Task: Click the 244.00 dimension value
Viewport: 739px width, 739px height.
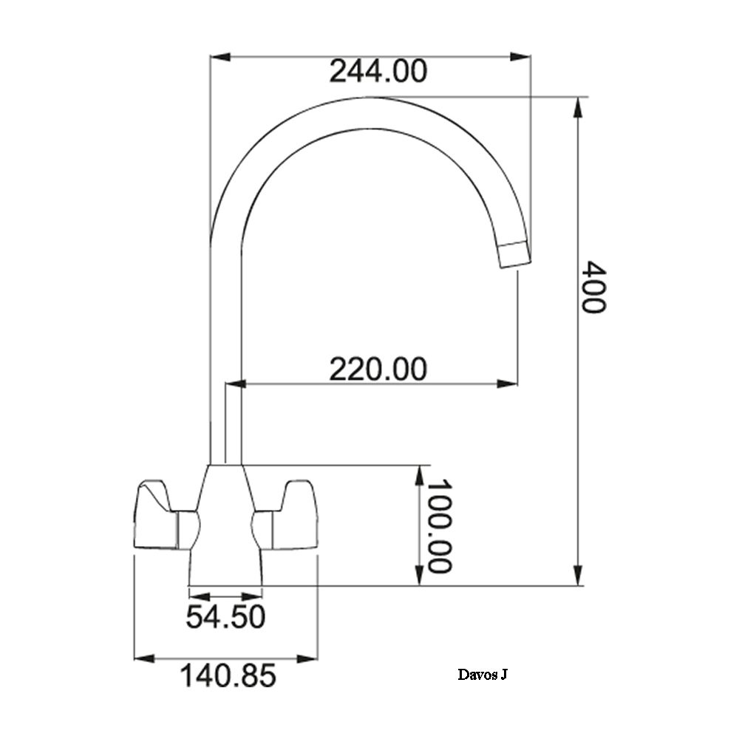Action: pyautogui.click(x=378, y=71)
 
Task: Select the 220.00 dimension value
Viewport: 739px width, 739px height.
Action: pyautogui.click(x=378, y=369)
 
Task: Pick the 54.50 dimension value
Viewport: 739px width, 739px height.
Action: pyautogui.click(x=225, y=616)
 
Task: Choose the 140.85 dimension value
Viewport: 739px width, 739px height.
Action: pyautogui.click(x=228, y=675)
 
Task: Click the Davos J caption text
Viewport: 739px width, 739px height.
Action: pyautogui.click(x=483, y=675)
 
